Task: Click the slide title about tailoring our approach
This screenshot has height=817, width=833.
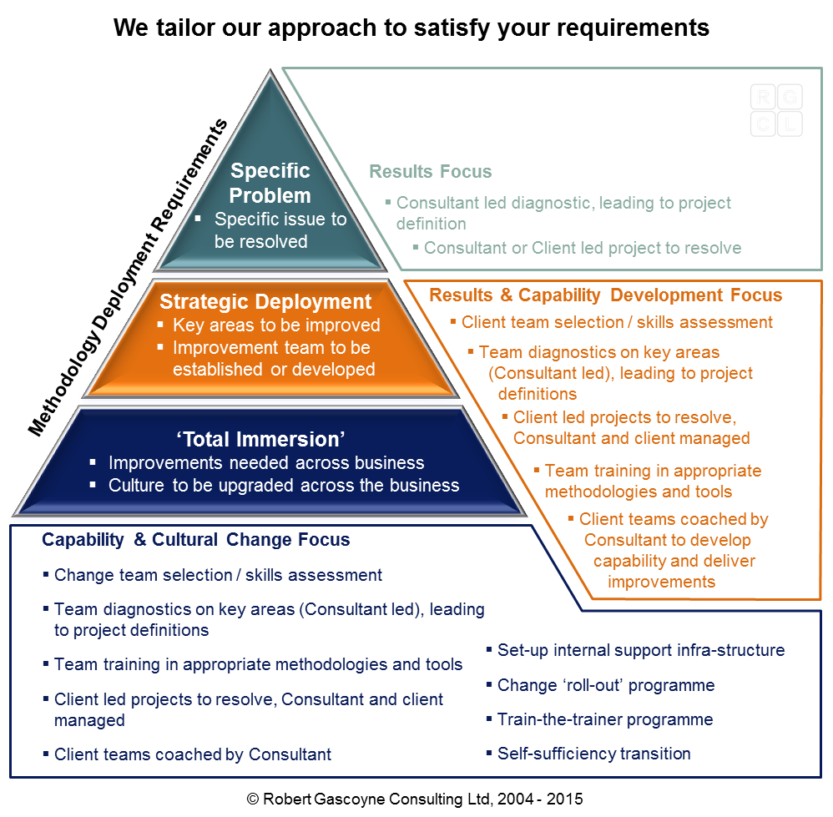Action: click(x=411, y=28)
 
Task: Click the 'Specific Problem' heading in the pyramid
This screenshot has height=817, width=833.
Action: click(x=270, y=184)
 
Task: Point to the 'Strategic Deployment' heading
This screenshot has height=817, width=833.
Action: click(x=265, y=301)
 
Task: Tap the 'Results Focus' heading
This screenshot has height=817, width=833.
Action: click(x=430, y=172)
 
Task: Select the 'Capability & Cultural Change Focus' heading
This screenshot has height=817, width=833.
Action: click(x=195, y=540)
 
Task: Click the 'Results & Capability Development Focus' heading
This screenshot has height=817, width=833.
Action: click(x=605, y=295)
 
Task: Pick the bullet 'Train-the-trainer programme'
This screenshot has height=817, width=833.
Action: click(x=604, y=719)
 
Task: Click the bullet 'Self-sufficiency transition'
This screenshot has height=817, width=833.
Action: click(x=593, y=754)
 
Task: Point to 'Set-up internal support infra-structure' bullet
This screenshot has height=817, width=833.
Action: click(x=640, y=650)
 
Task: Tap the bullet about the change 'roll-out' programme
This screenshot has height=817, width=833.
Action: click(x=605, y=685)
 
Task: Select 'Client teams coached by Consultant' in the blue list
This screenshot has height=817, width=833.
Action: click(x=192, y=754)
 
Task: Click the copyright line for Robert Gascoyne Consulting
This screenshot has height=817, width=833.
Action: click(x=415, y=799)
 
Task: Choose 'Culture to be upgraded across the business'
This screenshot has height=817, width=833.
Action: click(x=284, y=485)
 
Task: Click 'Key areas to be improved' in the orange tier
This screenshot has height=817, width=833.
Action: click(x=276, y=325)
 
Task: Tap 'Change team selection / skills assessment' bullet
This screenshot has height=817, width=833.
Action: click(x=218, y=575)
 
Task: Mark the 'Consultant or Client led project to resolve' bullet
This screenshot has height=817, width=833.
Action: click(x=582, y=248)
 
